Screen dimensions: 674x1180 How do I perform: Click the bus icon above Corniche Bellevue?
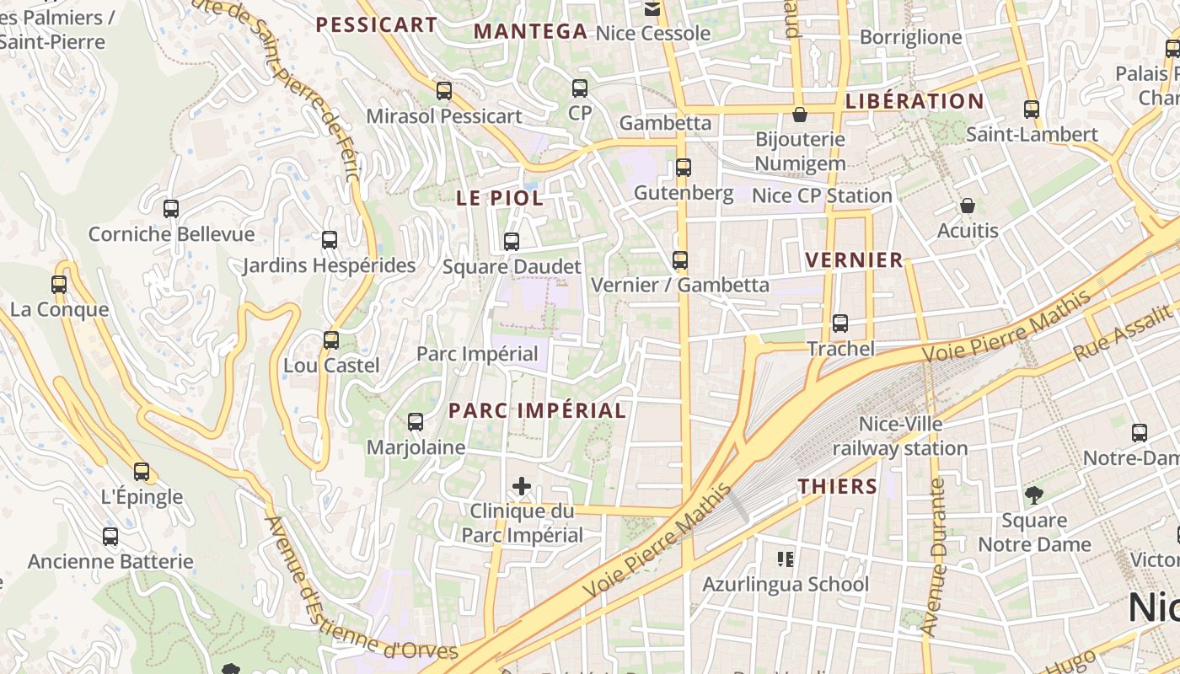[171, 208]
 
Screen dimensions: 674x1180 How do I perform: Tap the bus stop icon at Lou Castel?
[331, 340]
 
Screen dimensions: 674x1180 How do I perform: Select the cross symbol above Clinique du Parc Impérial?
[522, 486]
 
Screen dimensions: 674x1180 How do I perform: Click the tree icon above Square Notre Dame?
[1034, 495]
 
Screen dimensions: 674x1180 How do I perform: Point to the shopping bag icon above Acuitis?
[968, 206]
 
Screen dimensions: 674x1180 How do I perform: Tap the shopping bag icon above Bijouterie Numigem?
[799, 115]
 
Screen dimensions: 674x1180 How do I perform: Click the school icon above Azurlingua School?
[786, 559]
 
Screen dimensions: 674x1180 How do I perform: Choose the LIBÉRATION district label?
[914, 101]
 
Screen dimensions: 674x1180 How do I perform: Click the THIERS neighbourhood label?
[838, 486]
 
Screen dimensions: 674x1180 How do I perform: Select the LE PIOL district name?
[500, 199]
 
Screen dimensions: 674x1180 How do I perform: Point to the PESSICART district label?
[376, 25]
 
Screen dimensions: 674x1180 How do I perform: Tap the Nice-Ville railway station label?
[900, 436]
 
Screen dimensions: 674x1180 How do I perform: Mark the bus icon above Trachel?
[839, 324]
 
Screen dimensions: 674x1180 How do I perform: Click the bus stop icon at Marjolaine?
[416, 422]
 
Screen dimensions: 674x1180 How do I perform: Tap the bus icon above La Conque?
[59, 285]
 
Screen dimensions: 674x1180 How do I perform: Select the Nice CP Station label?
[822, 195]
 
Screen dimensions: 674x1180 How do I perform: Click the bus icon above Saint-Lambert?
[1031, 110]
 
